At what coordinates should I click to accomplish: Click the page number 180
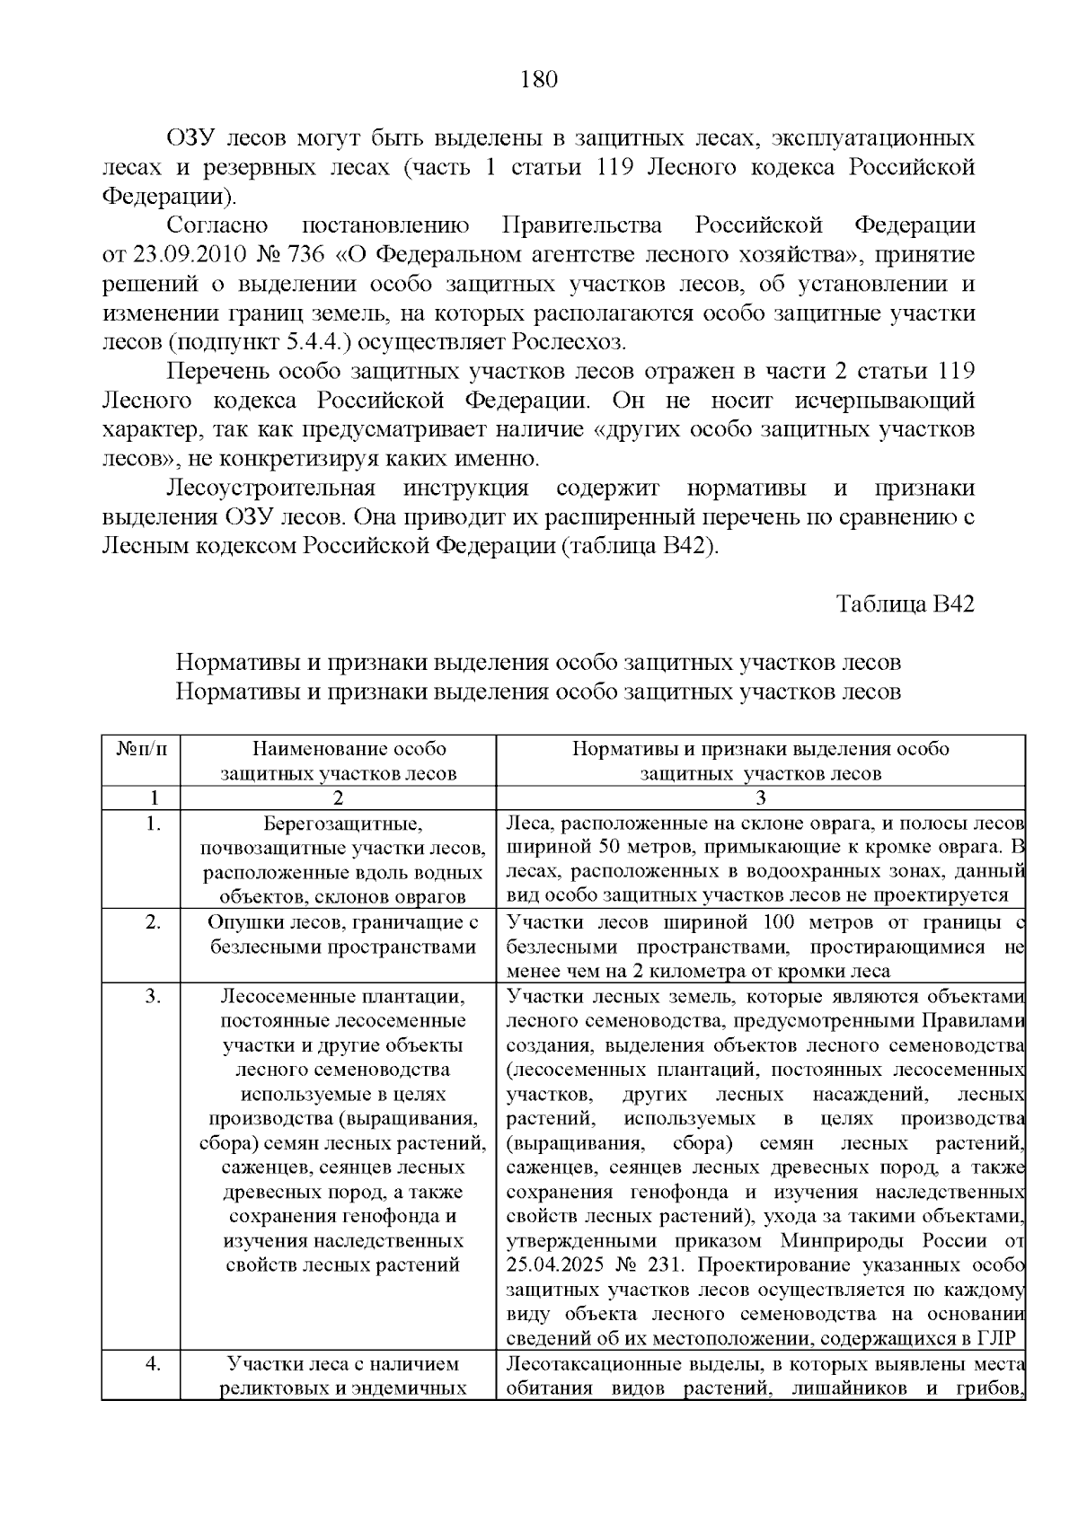point(539,80)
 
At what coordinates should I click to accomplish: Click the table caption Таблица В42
point(905,603)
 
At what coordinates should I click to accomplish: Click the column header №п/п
point(141,749)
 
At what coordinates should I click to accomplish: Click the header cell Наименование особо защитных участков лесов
point(339,761)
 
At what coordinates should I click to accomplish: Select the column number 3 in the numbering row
point(760,797)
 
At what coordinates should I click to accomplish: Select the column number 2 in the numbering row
point(338,797)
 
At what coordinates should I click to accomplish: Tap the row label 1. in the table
point(153,823)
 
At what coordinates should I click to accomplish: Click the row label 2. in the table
point(153,921)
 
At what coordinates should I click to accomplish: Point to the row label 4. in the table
point(153,1363)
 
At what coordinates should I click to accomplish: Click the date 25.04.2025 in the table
point(558,1265)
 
